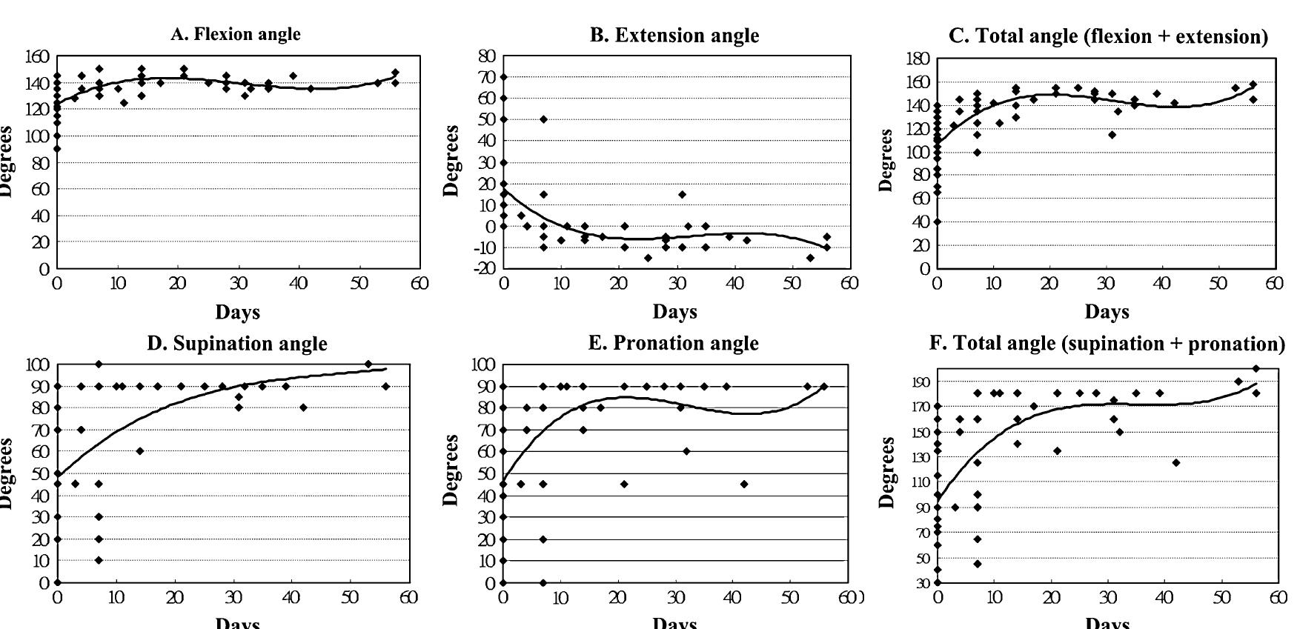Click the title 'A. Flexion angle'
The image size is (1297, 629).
pyautogui.click(x=236, y=34)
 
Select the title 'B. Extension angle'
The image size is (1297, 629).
pyautogui.click(x=674, y=36)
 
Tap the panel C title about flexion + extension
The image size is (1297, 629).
pyautogui.click(x=1108, y=36)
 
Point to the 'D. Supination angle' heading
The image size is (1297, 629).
pyautogui.click(x=236, y=344)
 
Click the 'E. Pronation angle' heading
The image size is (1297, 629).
pyautogui.click(x=674, y=344)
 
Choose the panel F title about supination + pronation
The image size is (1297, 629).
pyautogui.click(x=1107, y=344)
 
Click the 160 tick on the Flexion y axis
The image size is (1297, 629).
pyautogui.click(x=37, y=57)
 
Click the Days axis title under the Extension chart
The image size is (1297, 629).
pyautogui.click(x=674, y=312)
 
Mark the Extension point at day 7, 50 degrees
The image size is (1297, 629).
pyautogui.click(x=543, y=119)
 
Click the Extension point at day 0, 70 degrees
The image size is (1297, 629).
pyautogui.click(x=504, y=76)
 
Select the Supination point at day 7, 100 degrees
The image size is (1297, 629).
pyautogui.click(x=99, y=364)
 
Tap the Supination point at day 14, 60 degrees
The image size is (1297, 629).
pyautogui.click(x=139, y=451)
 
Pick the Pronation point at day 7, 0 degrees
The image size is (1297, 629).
pyautogui.click(x=543, y=583)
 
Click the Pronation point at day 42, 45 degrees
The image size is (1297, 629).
pyautogui.click(x=744, y=484)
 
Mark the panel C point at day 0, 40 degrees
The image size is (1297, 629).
pyautogui.click(x=938, y=222)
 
